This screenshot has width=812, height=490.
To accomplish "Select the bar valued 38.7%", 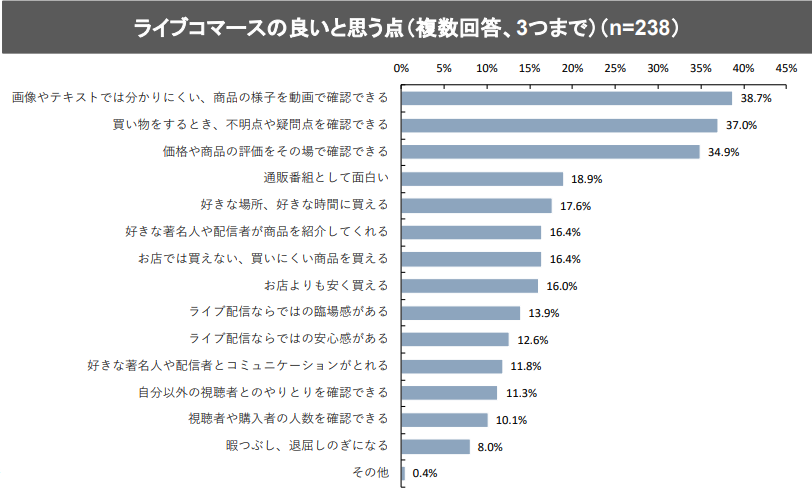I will click(567, 98).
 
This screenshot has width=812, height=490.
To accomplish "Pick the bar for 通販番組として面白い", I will click(482, 179).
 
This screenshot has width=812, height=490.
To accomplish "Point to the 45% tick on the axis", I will click(785, 68).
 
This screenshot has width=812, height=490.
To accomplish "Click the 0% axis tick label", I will click(402, 68).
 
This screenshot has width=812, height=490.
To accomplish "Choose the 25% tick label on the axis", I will click(615, 68).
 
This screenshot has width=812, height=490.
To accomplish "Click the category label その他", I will click(371, 472).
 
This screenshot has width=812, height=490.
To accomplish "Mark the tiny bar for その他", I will click(403, 473).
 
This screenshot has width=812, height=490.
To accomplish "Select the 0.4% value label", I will click(426, 473).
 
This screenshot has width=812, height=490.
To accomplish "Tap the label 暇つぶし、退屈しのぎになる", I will click(307, 445).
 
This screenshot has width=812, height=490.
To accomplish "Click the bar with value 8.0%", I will click(436, 446).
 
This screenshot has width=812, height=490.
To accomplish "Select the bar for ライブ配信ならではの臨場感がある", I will click(461, 312).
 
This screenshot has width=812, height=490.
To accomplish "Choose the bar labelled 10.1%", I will click(445, 419).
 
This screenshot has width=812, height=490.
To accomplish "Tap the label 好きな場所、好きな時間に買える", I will click(293, 205).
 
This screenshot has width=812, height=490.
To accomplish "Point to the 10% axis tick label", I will click(487, 68).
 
